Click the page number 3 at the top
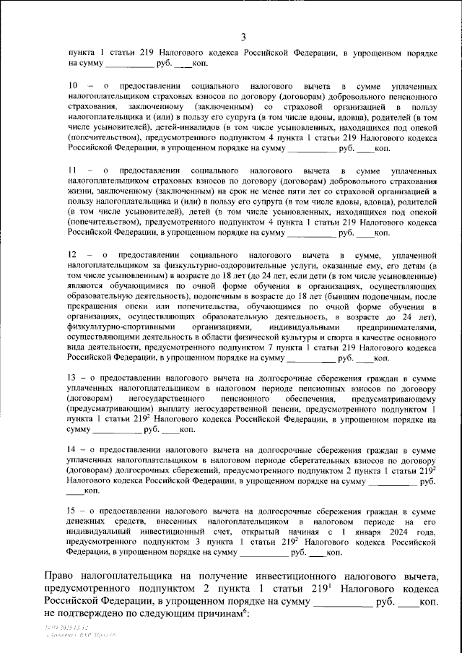[243, 38]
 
